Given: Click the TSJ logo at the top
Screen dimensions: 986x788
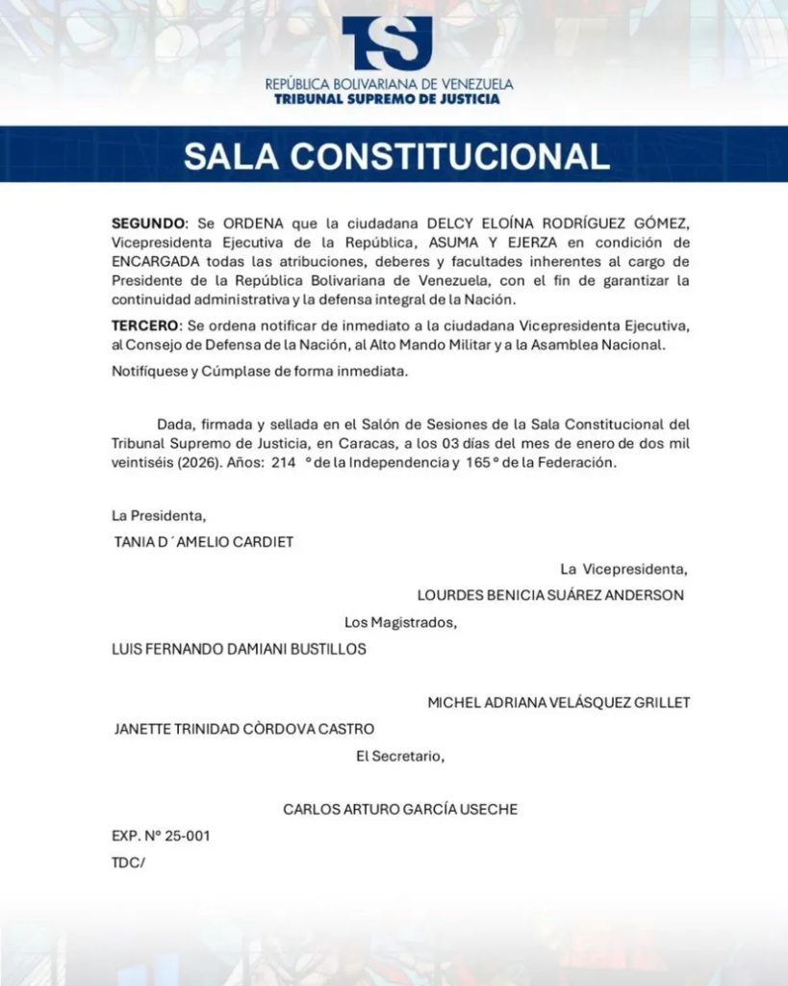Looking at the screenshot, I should tap(387, 43).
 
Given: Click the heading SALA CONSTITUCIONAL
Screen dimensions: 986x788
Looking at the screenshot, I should tap(396, 156).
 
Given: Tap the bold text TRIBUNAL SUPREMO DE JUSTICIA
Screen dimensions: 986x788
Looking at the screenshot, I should tap(387, 98).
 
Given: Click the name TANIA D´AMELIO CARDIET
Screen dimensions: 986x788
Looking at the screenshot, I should tap(204, 542).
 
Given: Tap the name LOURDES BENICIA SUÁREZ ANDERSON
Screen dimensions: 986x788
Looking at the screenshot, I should tap(550, 595).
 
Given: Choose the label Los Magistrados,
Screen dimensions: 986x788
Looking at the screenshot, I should tap(401, 622).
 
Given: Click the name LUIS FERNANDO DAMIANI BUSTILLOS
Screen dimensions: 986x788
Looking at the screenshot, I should tap(240, 649).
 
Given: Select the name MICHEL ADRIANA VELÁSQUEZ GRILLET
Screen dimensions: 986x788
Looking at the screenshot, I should tap(559, 703).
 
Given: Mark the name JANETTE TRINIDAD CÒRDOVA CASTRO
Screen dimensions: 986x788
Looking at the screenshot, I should tap(244, 729).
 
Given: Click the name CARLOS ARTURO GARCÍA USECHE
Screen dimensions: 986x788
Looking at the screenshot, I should tap(400, 810).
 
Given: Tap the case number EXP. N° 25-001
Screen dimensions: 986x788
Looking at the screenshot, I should tap(161, 836).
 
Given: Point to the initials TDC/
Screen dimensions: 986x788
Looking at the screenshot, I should tap(128, 863).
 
